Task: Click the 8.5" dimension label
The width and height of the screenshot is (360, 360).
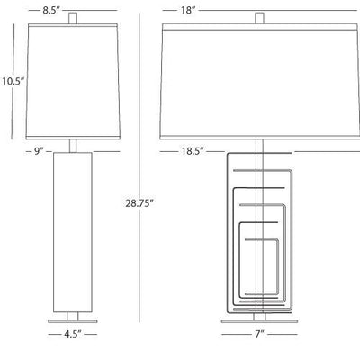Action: click(x=51, y=10)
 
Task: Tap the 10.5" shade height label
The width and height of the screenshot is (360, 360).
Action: click(x=13, y=81)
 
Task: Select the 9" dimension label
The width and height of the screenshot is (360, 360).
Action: click(x=39, y=151)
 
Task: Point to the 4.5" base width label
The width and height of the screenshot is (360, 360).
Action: click(x=73, y=334)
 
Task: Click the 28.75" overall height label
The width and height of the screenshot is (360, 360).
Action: click(x=139, y=203)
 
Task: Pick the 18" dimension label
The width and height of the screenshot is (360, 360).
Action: click(x=188, y=10)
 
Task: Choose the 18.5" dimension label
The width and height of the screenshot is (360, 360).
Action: click(x=193, y=151)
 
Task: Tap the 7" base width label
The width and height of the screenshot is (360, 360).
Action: click(x=260, y=334)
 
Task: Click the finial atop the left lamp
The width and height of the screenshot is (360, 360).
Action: click(x=73, y=18)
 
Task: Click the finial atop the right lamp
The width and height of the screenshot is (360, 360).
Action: click(x=259, y=18)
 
